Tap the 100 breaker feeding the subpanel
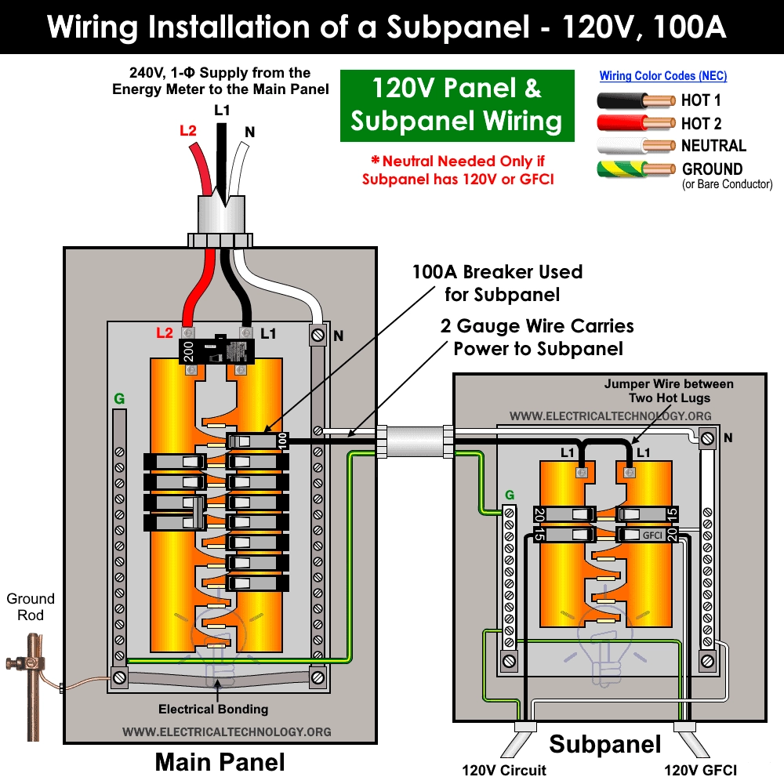(256, 442)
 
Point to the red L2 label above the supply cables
(187, 131)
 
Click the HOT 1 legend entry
(701, 100)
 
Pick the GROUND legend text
(712, 169)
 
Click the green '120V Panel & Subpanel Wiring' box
(456, 106)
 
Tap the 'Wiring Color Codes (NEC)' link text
(662, 76)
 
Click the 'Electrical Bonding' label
(213, 709)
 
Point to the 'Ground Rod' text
(31, 607)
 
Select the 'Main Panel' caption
(220, 761)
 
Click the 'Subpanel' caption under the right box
(604, 744)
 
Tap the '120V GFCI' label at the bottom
(700, 770)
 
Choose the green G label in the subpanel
(510, 495)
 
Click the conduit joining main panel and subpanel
(413, 441)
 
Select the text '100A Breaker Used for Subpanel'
(497, 283)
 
